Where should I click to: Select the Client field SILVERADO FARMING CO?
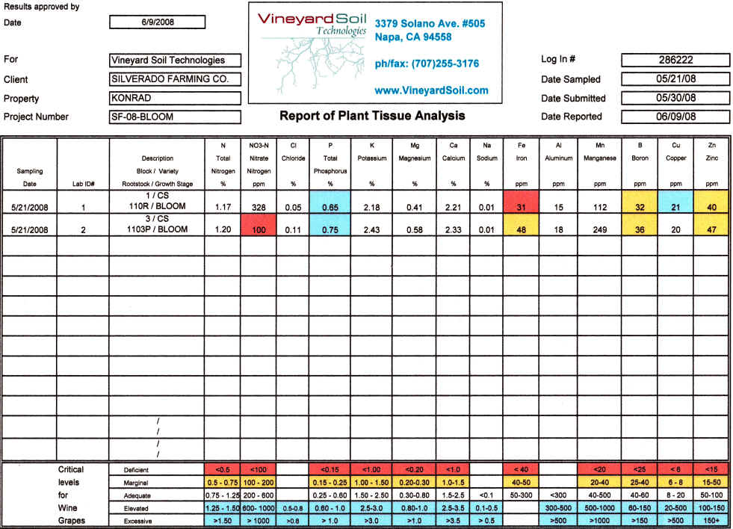[x=176, y=79]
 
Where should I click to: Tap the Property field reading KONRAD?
[x=176, y=98]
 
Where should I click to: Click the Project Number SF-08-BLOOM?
[x=176, y=117]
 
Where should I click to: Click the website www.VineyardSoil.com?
[x=431, y=90]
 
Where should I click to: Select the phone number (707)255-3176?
[x=427, y=64]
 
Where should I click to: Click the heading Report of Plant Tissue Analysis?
[x=372, y=116]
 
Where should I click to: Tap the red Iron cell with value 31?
[x=522, y=205]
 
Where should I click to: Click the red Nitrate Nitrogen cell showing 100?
[x=258, y=230]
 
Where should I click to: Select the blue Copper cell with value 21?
[x=675, y=205]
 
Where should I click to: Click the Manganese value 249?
[x=599, y=230]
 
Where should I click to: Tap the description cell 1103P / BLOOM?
[x=157, y=230]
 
